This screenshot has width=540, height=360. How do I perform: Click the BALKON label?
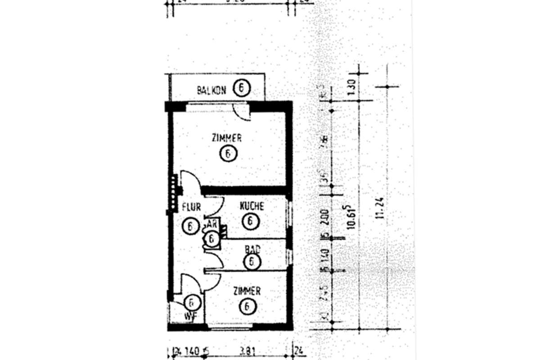(211, 90)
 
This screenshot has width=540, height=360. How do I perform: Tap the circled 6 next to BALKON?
(242, 89)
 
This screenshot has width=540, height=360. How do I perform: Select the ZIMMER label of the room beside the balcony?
(227, 138)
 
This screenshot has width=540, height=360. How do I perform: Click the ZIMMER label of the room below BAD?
(247, 292)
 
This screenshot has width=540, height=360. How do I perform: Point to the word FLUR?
(191, 207)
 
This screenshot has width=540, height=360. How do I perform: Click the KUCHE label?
(252, 207)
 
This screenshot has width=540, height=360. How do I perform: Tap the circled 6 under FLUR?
(190, 226)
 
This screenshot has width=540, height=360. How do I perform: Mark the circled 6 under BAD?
(252, 261)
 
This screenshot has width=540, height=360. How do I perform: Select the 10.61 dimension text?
(352, 218)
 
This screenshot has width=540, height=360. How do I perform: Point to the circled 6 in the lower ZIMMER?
(246, 307)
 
